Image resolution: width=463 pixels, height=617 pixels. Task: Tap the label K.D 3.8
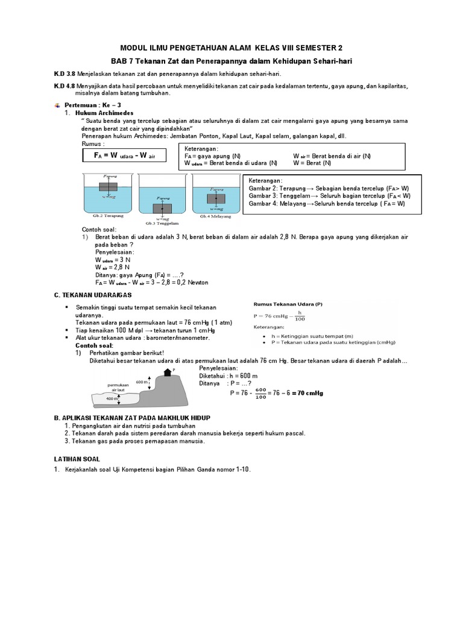(65, 74)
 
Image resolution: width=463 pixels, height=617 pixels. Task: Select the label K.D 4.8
(65, 87)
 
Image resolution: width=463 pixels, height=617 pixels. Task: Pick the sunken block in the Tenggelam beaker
(162, 208)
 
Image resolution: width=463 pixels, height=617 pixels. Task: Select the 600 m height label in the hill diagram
(142, 382)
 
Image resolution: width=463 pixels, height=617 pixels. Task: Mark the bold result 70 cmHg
(306, 393)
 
